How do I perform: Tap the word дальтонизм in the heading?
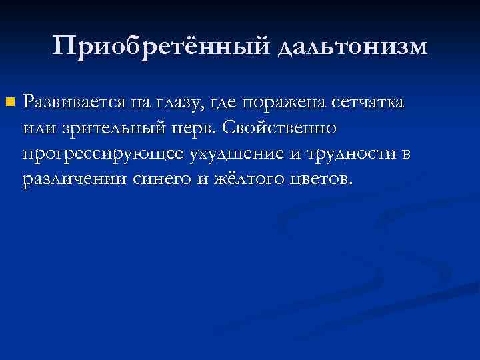coord(351,46)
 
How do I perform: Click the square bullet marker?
coord(9,102)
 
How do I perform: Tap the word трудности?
coord(343,154)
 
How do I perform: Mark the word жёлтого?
coord(237,179)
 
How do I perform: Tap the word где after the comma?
coord(225,103)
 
